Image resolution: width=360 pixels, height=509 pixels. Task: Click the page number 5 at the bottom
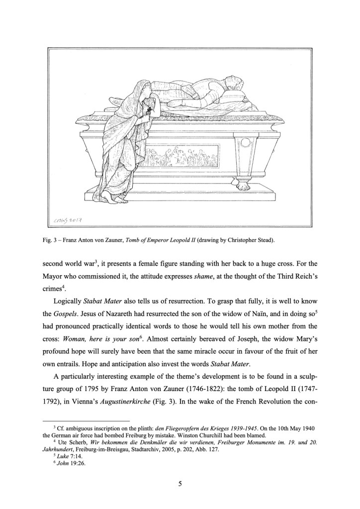(x=180, y=482)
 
